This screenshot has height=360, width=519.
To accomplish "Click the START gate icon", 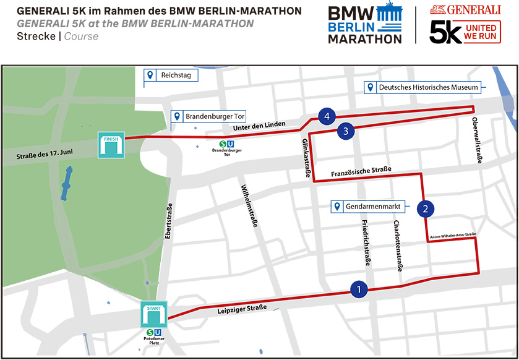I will [154, 314].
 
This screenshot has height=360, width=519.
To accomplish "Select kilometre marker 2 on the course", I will [425, 208].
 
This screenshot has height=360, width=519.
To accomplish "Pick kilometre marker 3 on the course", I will [346, 131].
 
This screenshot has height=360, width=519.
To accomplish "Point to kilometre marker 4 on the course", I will [327, 116].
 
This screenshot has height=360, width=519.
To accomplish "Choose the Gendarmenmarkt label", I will [374, 206].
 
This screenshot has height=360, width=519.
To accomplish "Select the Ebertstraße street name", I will [168, 226].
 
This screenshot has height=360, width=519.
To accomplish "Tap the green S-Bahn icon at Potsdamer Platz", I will [149, 331].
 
